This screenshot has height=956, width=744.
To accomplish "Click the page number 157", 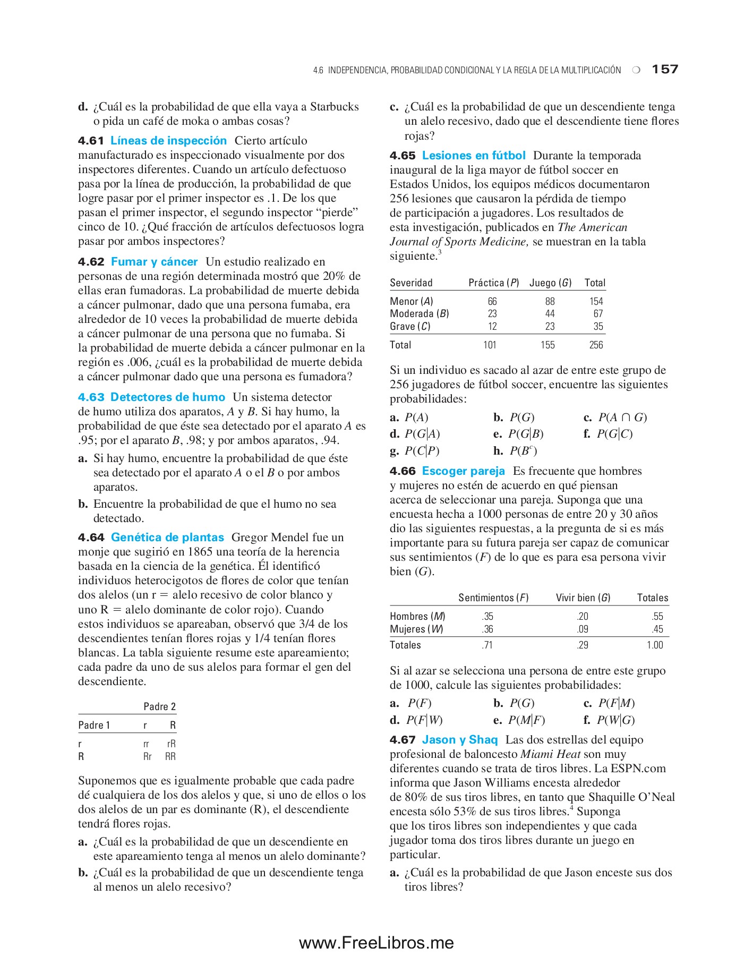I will point(665,69).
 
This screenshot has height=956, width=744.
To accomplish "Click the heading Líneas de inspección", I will point(168,141).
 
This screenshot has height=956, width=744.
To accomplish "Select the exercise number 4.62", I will point(91,262).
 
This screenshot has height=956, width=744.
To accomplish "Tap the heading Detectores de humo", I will point(167,397).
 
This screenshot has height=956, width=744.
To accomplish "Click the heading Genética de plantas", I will point(167,537).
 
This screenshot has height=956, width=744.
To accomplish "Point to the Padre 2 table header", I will point(159,706).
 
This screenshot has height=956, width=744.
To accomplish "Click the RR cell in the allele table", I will point(170,756).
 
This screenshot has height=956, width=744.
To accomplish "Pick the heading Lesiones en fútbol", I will point(473,156).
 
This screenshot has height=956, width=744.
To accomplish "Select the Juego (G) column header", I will point(550,283).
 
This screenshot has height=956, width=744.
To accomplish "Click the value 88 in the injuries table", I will point(550,301).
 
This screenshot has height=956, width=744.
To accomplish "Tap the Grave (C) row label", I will point(410,326).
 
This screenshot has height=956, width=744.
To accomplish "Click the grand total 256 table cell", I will point(596,345).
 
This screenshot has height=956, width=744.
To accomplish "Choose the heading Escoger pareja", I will point(463,471).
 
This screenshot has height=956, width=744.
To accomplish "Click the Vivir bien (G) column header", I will point(583,597).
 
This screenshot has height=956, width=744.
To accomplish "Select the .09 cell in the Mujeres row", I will point(582,629).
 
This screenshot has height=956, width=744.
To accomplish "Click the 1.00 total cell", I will point(654,645).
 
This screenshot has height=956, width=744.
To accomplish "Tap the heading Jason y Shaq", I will point(459,740).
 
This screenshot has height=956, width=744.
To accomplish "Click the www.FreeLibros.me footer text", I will point(376,943).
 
